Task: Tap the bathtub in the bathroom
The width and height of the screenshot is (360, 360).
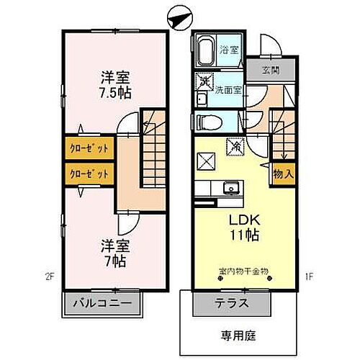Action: click(x=207, y=50)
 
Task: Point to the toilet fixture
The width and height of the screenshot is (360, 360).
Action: click(x=204, y=122)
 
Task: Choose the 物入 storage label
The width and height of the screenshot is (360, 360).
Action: click(x=282, y=173)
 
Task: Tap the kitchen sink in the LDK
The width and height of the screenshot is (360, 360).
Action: click(x=230, y=189)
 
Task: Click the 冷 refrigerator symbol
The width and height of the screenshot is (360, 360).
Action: click(x=235, y=146)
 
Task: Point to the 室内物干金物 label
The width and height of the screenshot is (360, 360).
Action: click(x=243, y=272)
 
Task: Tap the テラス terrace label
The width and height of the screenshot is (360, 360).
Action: click(x=231, y=303)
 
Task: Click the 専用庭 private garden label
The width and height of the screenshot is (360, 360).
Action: click(x=238, y=335)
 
